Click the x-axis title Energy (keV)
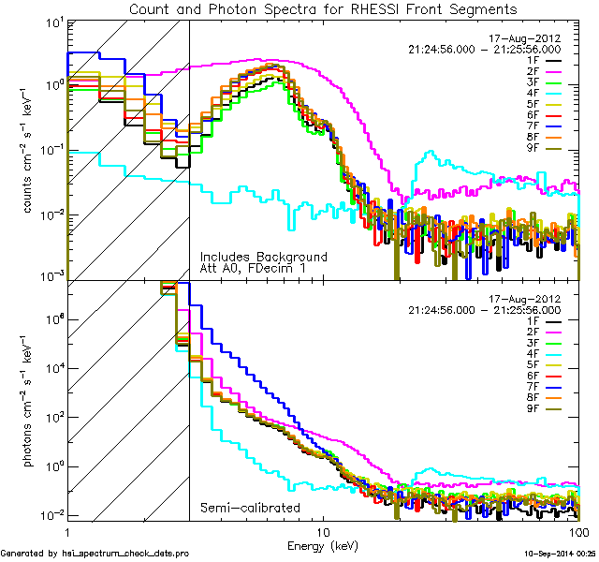click(x=324, y=544)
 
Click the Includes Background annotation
click(x=263, y=257)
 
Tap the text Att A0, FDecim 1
click(x=256, y=269)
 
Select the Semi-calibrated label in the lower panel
click(x=250, y=508)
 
